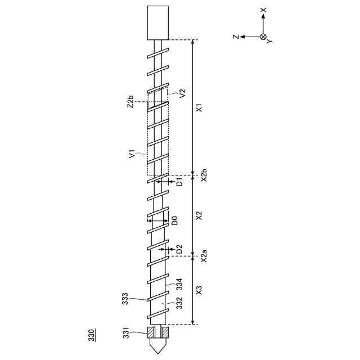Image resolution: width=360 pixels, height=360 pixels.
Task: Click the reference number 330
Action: pyautogui.click(x=92, y=335)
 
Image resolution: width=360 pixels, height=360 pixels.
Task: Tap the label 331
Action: pyautogui.click(x=126, y=332)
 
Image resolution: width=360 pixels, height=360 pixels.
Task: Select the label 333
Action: pyautogui.click(x=125, y=299)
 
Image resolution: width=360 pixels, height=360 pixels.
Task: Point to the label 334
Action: pyautogui.click(x=179, y=284)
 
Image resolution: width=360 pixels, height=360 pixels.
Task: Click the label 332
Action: pyautogui.click(x=179, y=303)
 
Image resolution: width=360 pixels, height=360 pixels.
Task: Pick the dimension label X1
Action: pyautogui.click(x=199, y=107)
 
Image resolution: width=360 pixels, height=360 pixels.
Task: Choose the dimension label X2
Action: pyautogui.click(x=199, y=215)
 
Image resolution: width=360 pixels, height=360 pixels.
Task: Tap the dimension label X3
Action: pyautogui.click(x=199, y=290)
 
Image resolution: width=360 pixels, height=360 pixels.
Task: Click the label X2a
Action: pyautogui.click(x=204, y=255)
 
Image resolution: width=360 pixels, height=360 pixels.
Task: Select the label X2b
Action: pyautogui.click(x=204, y=175)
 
